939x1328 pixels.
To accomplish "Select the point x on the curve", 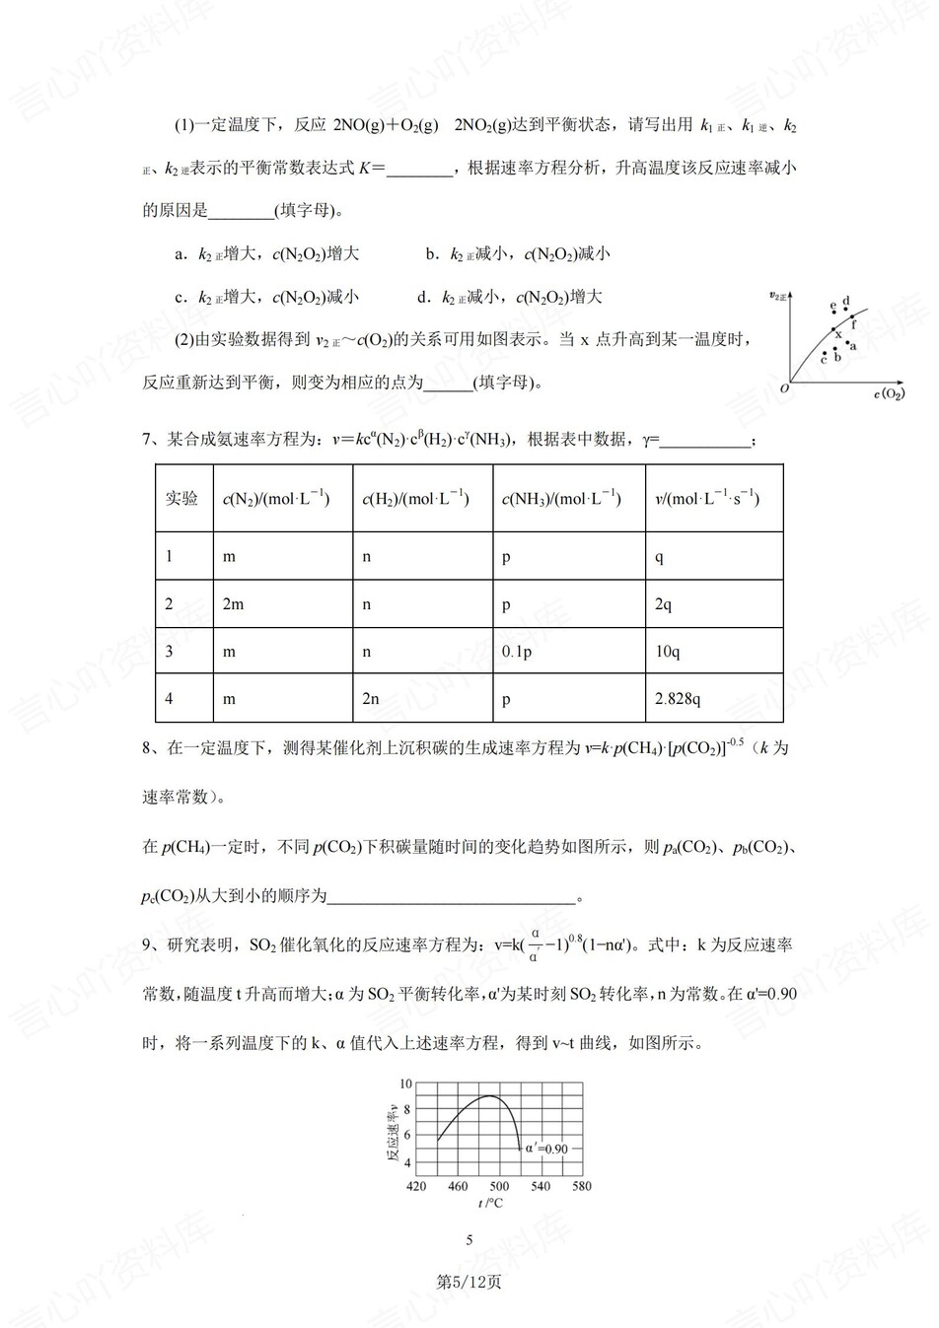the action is (833, 329).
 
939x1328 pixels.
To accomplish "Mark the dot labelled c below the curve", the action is (825, 352).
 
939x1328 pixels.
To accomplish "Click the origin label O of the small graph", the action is (784, 387).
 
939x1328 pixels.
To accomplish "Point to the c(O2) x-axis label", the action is (889, 394).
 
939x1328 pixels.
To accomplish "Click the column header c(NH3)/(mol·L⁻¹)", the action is (561, 499).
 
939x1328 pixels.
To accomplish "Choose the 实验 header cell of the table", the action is (182, 499).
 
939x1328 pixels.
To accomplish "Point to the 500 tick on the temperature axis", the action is (499, 1186).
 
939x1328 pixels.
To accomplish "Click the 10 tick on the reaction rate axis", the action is (405, 1083).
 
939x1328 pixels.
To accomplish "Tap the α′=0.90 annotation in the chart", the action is (546, 1149).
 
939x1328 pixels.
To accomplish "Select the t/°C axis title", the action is (490, 1203).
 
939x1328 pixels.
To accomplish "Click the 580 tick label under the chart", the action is (582, 1186).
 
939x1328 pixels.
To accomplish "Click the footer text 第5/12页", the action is (469, 1282).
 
